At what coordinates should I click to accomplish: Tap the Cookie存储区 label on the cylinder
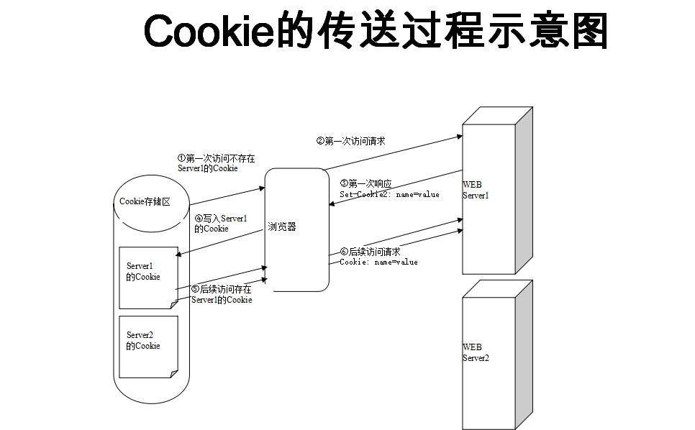145,201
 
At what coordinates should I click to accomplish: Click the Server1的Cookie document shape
147,276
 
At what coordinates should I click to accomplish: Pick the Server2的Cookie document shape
147,345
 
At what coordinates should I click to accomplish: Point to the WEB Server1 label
476,190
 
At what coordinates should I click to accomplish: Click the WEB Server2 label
476,352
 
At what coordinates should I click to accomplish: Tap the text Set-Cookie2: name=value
389,194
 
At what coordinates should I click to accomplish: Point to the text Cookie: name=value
378,262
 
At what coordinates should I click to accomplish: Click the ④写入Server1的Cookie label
221,223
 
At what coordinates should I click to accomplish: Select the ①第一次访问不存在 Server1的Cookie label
216,163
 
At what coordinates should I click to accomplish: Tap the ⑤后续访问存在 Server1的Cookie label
222,294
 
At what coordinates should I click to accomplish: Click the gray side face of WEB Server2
524,352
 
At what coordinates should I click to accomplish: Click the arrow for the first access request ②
392,152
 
